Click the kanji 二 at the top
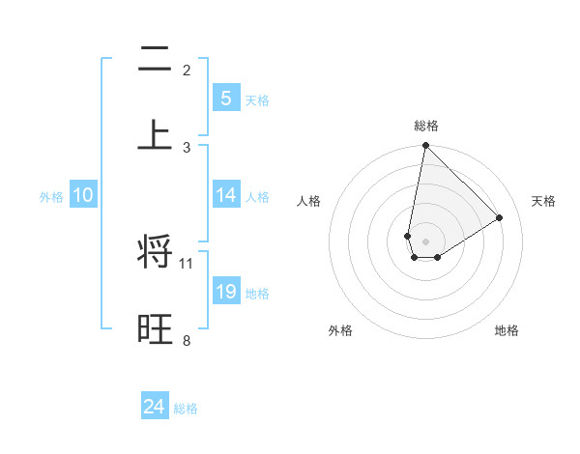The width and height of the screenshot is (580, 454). pos(155,62)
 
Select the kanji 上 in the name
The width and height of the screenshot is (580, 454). pos(155,133)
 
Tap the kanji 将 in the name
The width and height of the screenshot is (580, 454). pos(155,253)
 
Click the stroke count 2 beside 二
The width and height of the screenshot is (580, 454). pos(187,71)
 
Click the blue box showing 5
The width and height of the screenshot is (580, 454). pos(225,98)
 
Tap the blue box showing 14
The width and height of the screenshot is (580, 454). pos(225,195)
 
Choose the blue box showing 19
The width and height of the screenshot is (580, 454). pos(225,292)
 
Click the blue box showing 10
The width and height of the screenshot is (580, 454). pos(83,195)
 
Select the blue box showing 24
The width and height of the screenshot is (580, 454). pos(155,407)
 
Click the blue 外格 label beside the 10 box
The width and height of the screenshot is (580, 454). pos(51,197)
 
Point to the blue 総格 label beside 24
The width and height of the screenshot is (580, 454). pos(186,409)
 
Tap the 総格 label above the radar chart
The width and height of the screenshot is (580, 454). pos(425,126)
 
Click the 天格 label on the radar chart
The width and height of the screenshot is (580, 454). pos(543,201)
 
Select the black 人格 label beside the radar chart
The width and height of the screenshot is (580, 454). pos(308,201)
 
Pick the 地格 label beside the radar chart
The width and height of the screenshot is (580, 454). pos(507,330)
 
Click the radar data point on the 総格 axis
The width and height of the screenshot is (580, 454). pos(425,146)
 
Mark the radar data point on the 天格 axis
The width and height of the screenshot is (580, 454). pos(500,218)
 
